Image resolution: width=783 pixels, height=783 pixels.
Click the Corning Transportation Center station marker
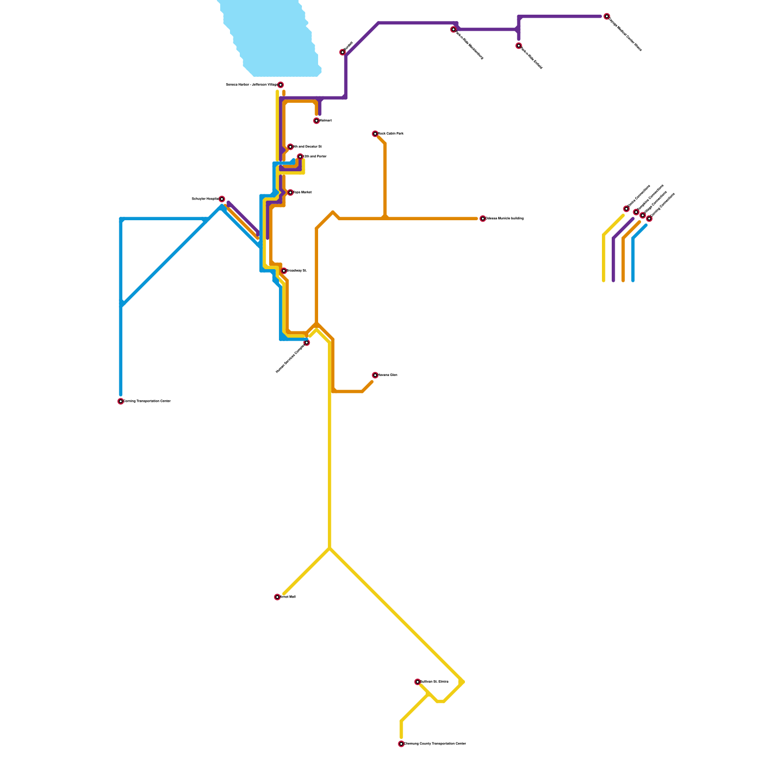pos(120,401)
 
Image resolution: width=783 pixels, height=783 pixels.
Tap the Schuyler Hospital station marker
pos(222,199)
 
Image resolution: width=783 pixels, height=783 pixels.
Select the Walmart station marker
pos(317,121)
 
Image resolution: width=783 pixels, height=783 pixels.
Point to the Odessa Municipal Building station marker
pos(483,219)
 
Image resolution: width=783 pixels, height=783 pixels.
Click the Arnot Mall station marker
pos(277,597)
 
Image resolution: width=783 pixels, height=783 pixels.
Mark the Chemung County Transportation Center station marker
pos(401,744)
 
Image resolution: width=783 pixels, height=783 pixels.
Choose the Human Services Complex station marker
pos(307,343)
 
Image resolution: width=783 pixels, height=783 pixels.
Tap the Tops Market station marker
pos(290,192)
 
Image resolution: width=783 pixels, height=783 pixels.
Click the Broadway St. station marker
pos(284,271)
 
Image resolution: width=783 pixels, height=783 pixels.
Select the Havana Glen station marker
pos(375,375)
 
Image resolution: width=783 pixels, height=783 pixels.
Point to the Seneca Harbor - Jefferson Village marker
pos(280,85)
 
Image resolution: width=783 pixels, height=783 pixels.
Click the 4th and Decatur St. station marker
pos(290,147)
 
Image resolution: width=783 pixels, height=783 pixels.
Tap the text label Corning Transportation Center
pos(147,401)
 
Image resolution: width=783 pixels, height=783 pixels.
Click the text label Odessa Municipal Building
pos(505,219)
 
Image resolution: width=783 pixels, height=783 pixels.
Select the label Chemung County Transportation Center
pos(435,744)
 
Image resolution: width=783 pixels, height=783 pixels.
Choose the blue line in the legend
pos(633,259)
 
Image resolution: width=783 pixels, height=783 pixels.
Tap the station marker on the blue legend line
pos(649,219)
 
